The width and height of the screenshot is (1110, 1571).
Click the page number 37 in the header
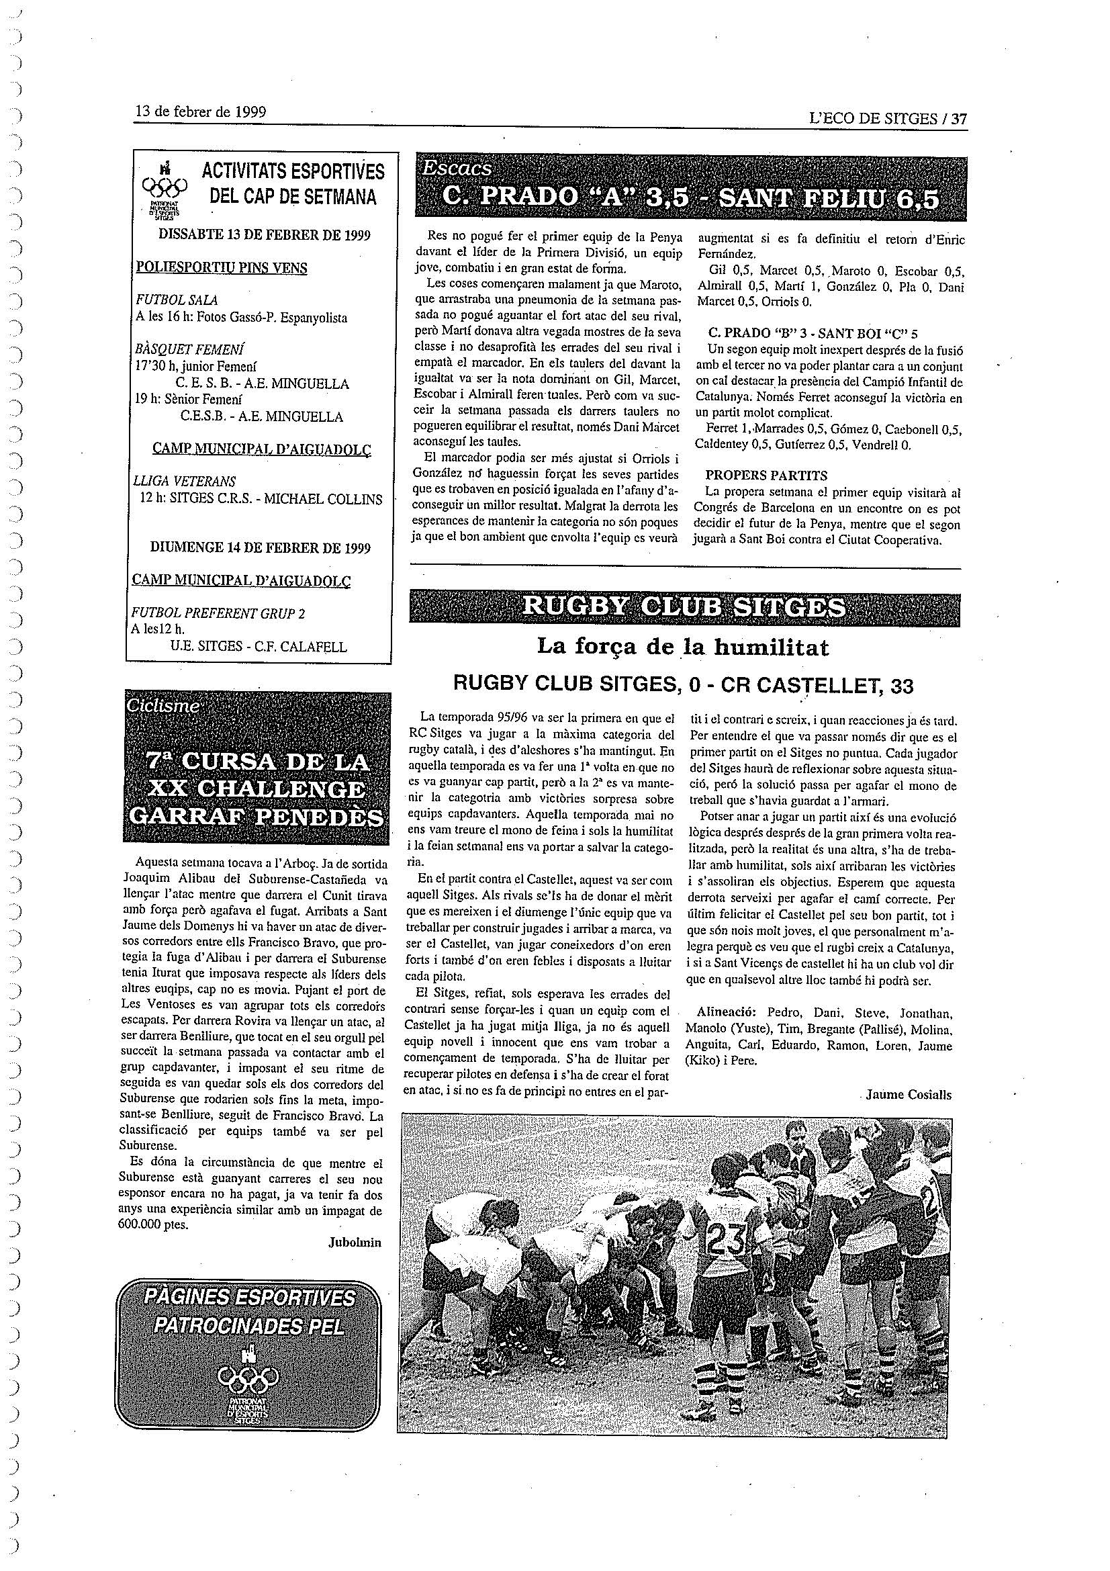point(959,118)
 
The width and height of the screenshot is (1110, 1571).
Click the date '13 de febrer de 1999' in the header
point(200,111)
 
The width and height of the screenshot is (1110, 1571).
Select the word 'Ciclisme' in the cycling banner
point(163,706)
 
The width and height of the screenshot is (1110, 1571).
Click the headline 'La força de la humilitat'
point(682,647)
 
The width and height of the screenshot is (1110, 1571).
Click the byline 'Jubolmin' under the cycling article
point(355,1242)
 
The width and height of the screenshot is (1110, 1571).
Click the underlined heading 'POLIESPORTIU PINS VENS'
point(222,267)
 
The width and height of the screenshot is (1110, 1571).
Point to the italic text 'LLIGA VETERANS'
point(185,481)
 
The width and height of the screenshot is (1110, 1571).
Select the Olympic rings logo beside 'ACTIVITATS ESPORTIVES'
point(164,186)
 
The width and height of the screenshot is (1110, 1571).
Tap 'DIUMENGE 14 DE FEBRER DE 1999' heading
point(260,547)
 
